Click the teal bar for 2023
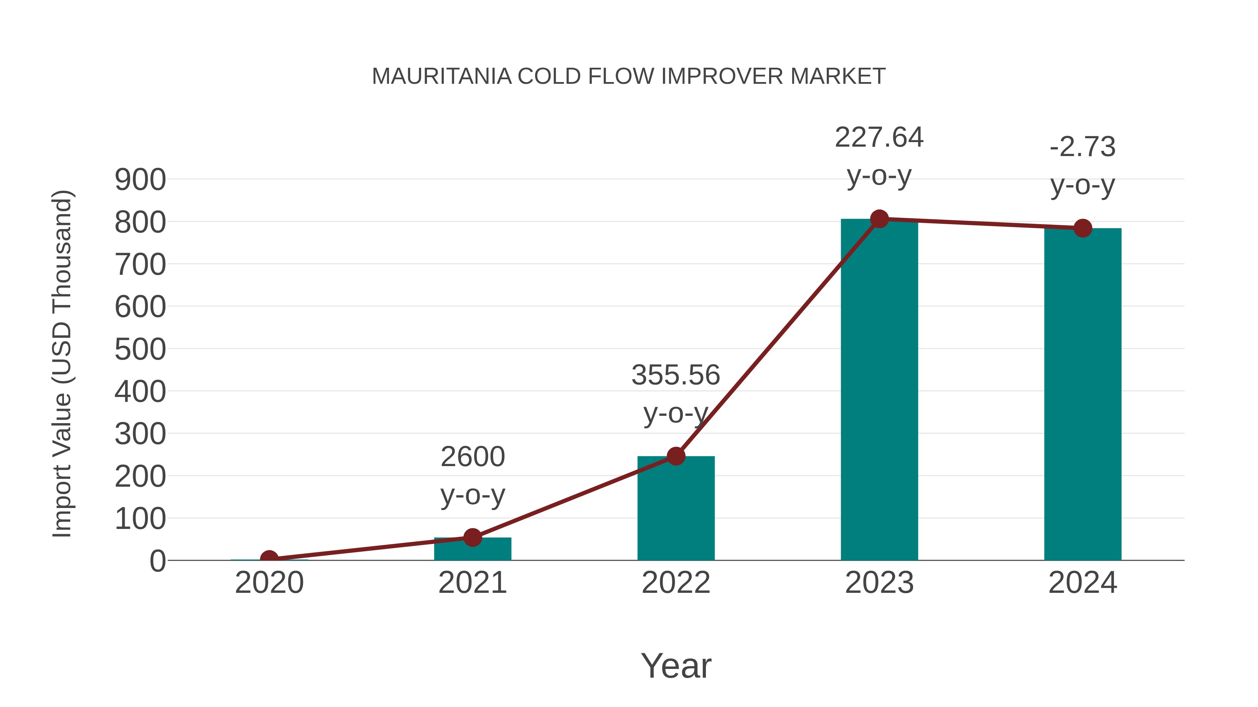coord(879,390)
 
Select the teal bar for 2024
coord(1083,395)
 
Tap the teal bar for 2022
coord(676,510)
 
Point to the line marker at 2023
coord(879,219)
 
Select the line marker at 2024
coord(1083,228)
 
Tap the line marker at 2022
coord(676,456)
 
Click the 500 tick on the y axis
coord(140,350)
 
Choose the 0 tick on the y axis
coord(158,561)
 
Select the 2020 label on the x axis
coord(269,583)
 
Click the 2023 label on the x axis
coord(879,583)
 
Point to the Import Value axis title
coord(63,363)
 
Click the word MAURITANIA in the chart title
coord(441,76)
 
